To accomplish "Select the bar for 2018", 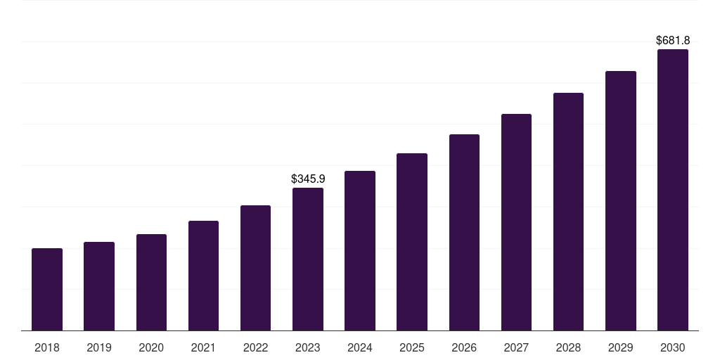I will [x=47, y=289].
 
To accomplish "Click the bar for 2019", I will [x=99, y=286].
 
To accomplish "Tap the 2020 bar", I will [x=151, y=282].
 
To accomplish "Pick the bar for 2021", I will [x=203, y=276].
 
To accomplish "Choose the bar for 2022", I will [x=255, y=268].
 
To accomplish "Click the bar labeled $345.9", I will [x=308, y=259].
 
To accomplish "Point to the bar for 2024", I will [x=360, y=250].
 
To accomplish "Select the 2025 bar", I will [x=412, y=242].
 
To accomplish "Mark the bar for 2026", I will [x=464, y=232].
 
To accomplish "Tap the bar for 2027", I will [x=516, y=222].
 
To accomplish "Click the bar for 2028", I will [x=568, y=212].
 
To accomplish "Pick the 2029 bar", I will [x=621, y=200].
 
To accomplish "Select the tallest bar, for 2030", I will [x=673, y=190].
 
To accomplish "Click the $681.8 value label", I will [x=673, y=41].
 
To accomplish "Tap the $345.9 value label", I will [x=308, y=179].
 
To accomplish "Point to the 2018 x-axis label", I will [x=47, y=347].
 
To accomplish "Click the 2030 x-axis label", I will [x=673, y=347].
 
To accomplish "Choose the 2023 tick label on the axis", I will [x=308, y=347].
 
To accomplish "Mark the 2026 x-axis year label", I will [x=464, y=347].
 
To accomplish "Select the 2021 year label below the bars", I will [x=203, y=347].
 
